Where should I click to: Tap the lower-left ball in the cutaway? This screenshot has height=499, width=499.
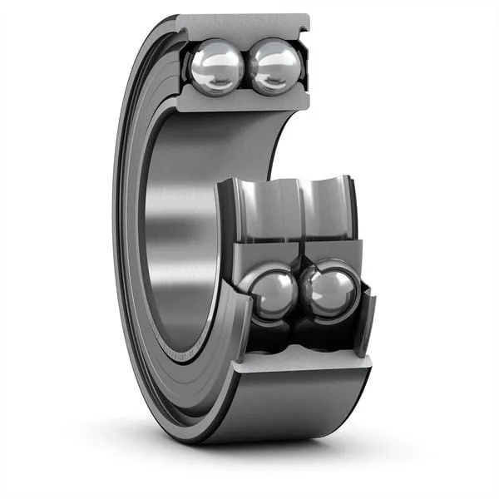click(270, 293)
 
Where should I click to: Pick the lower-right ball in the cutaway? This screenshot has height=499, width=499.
click(330, 291)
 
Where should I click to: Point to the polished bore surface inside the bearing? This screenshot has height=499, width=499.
click(179, 225)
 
